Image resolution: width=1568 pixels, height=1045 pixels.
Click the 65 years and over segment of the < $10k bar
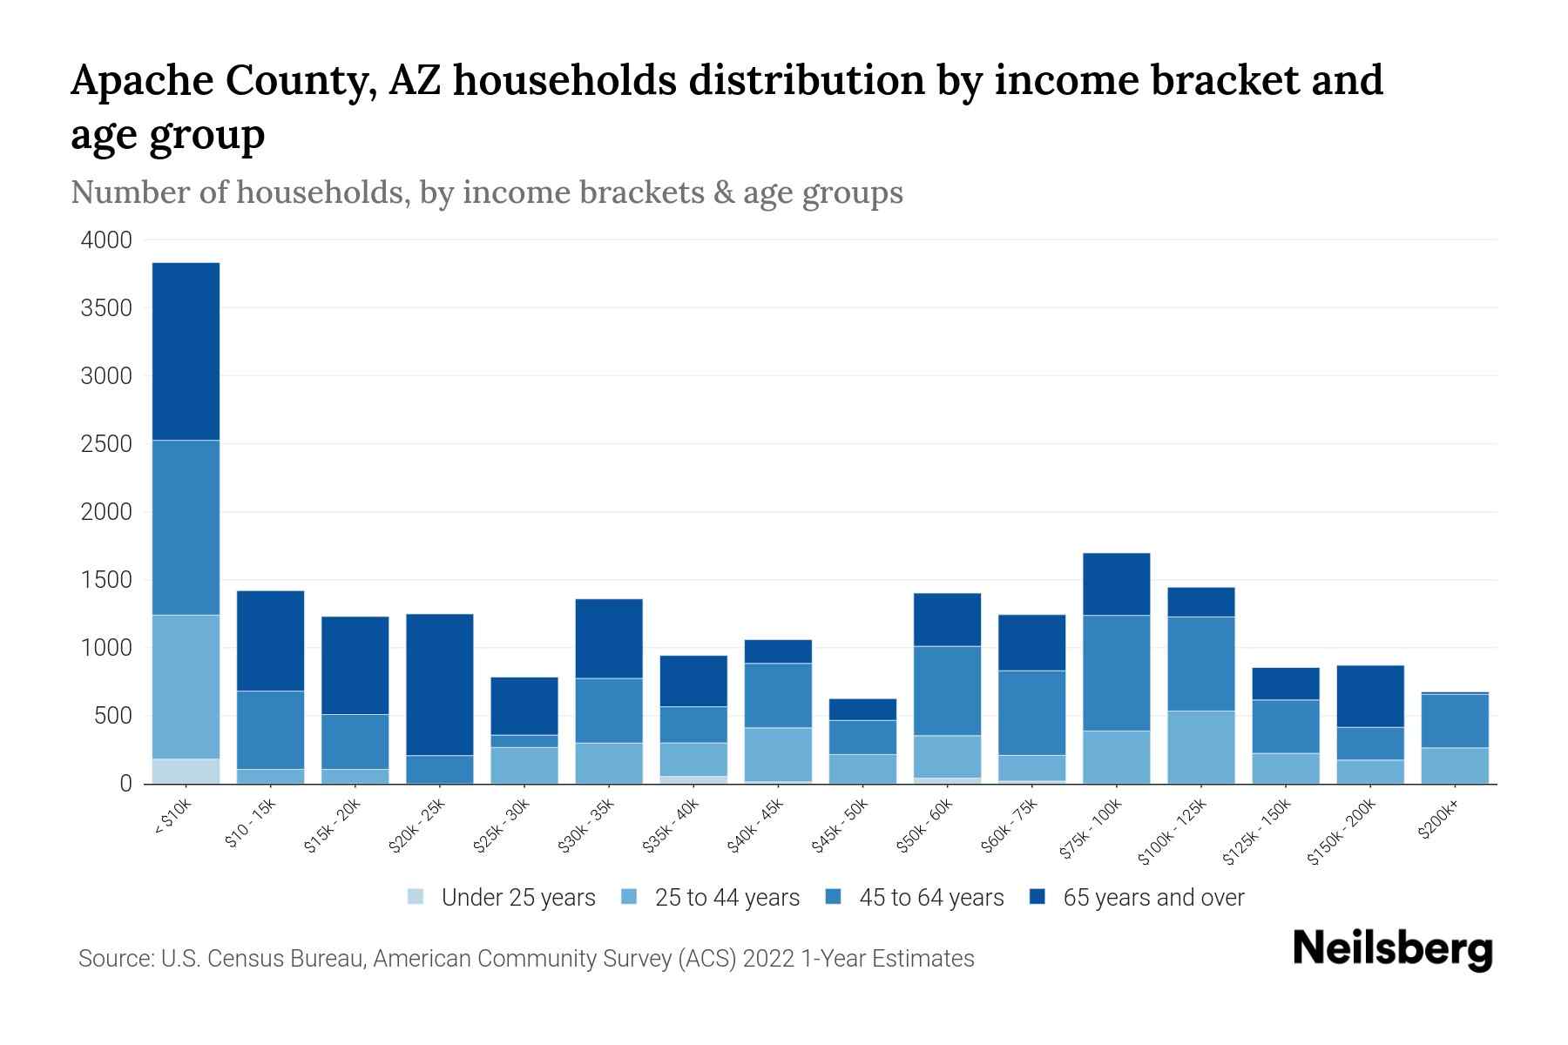(186, 351)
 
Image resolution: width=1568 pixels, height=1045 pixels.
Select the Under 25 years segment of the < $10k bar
(186, 772)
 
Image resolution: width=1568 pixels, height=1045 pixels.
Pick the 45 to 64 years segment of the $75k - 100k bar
(1116, 673)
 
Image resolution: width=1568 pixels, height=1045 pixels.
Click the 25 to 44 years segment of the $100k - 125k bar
(1200, 747)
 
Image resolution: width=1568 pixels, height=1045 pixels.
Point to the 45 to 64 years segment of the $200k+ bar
(1454, 721)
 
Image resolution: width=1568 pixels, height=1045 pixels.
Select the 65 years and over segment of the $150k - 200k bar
(1369, 696)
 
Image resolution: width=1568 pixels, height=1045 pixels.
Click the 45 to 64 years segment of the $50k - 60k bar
(947, 691)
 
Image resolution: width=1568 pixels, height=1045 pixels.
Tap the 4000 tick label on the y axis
(106, 240)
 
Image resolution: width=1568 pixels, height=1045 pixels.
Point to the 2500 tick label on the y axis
(106, 444)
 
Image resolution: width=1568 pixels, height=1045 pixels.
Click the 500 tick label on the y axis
(113, 716)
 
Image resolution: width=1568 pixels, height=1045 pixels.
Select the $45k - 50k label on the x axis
(840, 826)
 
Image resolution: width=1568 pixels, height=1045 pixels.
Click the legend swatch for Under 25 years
(416, 897)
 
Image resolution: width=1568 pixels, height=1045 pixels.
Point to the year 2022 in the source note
(768, 959)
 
